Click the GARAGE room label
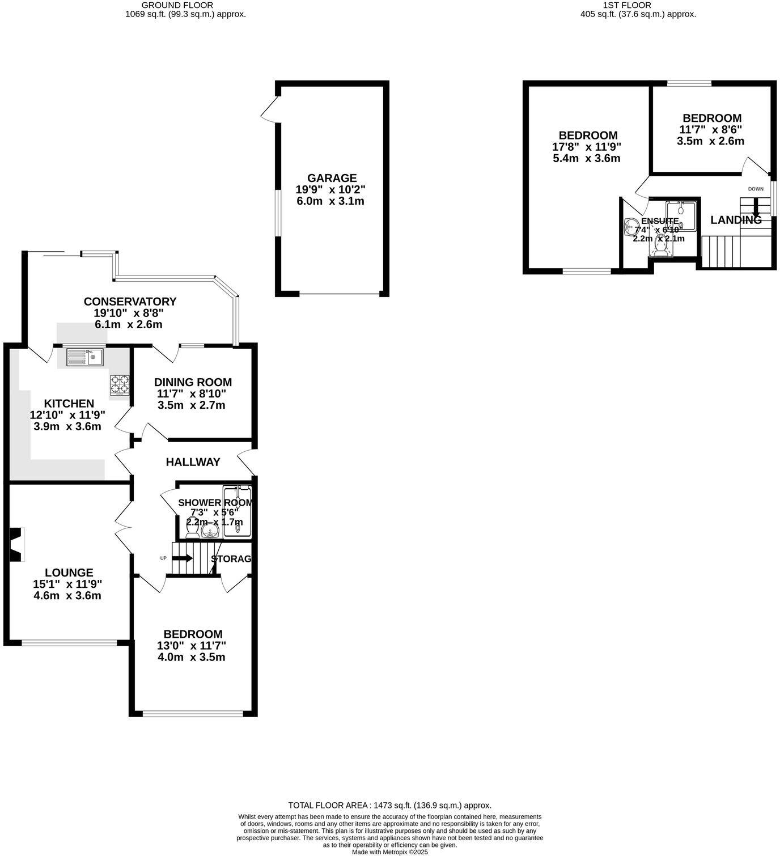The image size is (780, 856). click(x=333, y=178)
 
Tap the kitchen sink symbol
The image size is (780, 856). click(x=84, y=357)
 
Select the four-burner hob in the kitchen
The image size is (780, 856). click(x=120, y=384)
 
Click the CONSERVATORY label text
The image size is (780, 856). click(x=130, y=302)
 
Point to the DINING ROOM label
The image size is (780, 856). click(x=193, y=383)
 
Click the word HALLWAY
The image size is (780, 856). click(x=193, y=462)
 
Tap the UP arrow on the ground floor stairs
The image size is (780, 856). click(x=183, y=558)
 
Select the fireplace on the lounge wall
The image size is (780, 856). click(x=17, y=544)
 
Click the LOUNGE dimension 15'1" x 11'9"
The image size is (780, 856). click(x=67, y=584)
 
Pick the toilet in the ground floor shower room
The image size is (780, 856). click(x=192, y=532)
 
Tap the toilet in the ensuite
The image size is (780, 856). click(x=660, y=247)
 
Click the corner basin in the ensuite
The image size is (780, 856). click(x=630, y=227)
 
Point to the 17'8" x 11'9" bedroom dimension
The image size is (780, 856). click(x=587, y=147)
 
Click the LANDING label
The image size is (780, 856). click(x=736, y=220)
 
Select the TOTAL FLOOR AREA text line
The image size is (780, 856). click(x=389, y=805)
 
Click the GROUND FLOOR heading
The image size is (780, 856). click(x=169, y=5)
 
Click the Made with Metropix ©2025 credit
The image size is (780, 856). click(x=389, y=851)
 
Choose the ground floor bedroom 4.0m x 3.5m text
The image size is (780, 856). click(x=191, y=658)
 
